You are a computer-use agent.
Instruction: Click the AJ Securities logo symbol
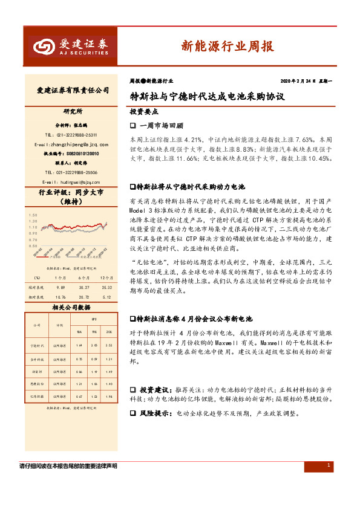[x=43, y=47]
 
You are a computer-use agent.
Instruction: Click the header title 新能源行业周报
[x=227, y=46]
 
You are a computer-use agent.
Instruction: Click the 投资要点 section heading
[x=144, y=112]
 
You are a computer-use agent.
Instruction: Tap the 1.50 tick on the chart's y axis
[x=32, y=215]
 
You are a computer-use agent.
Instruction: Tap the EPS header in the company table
[x=94, y=319]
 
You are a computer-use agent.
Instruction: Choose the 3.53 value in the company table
[x=108, y=345]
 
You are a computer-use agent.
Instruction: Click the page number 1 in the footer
[x=328, y=465]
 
